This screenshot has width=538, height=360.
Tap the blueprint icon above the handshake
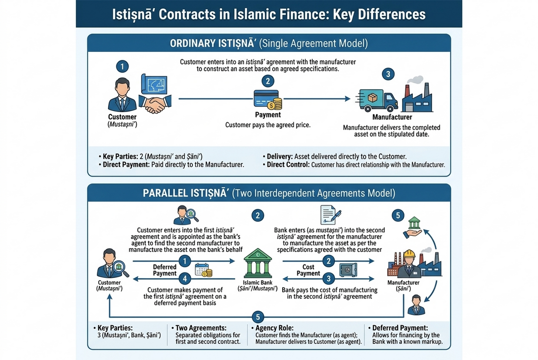pyautogui.click(x=154, y=84)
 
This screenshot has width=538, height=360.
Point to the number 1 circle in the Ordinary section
pyautogui.click(x=122, y=66)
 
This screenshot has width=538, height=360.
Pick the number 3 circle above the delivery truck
pyautogui.click(x=388, y=74)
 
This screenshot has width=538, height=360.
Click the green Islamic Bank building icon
pyautogui.click(x=258, y=263)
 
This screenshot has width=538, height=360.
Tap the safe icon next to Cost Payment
pyautogui.click(x=348, y=270)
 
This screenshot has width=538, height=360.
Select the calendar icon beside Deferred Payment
pyautogui.click(x=203, y=270)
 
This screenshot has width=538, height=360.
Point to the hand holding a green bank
pyautogui.click(x=413, y=228)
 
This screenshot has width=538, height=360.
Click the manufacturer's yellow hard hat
pyautogui.click(x=409, y=254)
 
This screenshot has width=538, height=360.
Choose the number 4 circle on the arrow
pyautogui.click(x=185, y=279)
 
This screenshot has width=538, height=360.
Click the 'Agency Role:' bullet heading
pyautogui.click(x=274, y=328)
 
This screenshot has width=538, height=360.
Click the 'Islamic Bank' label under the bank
pyautogui.click(x=258, y=282)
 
